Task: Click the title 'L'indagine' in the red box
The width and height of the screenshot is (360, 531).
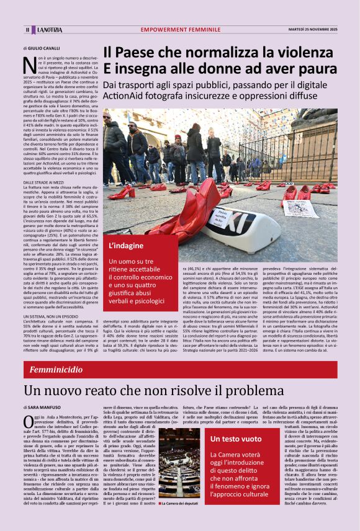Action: [126, 246]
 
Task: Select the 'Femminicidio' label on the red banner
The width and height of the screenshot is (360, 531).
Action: [56, 370]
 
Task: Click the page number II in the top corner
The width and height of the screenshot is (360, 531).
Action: [27, 30]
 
